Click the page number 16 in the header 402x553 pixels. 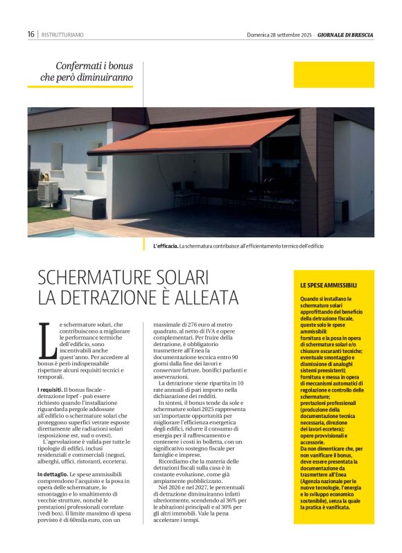[x=31, y=34]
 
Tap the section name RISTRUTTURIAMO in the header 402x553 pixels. [x=63, y=34]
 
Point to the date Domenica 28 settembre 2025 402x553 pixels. [x=279, y=35]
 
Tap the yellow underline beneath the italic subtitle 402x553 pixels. [x=80, y=87]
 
